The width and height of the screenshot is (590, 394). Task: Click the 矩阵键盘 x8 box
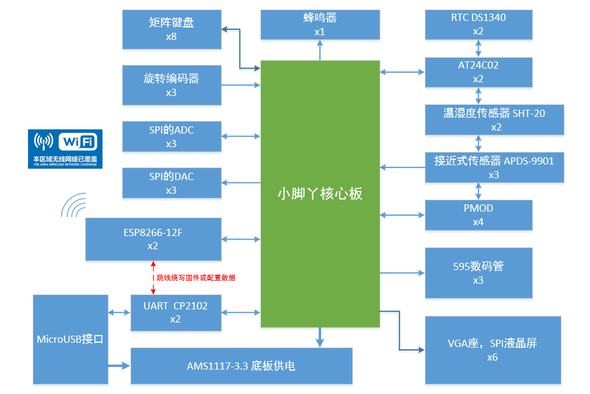pos(172,29)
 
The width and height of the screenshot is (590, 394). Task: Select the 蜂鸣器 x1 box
pos(320,25)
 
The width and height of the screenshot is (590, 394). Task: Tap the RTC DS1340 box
pos(479,24)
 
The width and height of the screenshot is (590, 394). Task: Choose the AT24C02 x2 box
pos(479,72)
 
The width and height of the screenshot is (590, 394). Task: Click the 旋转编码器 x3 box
pos(172,85)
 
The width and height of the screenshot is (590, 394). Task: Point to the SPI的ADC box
pos(172,136)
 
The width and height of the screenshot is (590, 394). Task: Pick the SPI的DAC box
pos(172,183)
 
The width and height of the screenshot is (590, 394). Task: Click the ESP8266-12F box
pos(153,240)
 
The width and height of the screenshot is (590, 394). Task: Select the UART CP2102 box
pos(176,313)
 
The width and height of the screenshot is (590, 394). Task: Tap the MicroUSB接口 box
pos(70,339)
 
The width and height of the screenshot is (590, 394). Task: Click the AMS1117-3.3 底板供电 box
pos(241,366)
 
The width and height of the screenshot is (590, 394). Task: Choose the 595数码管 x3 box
pos(479,273)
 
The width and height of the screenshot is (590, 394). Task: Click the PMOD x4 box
pos(479,215)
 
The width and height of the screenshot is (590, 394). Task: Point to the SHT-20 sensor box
pos(495,120)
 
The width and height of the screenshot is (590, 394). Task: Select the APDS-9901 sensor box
pos(495,167)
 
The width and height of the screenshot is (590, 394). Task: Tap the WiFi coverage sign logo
pos(65,149)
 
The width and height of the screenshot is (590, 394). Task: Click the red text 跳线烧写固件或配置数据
pos(195,278)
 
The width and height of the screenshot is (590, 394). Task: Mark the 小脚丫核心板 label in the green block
pos(320,194)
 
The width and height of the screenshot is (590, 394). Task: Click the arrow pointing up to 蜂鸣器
pos(320,50)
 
